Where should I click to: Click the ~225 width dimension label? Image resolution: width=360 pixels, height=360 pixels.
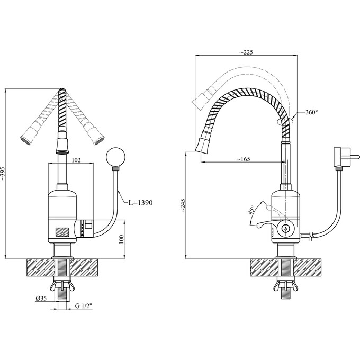246,52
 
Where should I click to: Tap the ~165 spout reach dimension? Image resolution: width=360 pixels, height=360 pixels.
243,159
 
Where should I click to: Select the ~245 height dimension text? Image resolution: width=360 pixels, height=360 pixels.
183,205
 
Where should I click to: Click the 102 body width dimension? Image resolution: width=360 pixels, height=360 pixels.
76,160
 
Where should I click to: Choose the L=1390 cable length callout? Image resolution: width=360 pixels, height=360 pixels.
140,202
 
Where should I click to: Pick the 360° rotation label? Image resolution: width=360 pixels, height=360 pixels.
311,112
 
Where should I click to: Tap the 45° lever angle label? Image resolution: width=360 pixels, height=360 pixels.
251,210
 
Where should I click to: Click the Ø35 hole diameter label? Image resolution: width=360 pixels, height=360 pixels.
41,298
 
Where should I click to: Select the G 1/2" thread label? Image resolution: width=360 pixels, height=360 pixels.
84,306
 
